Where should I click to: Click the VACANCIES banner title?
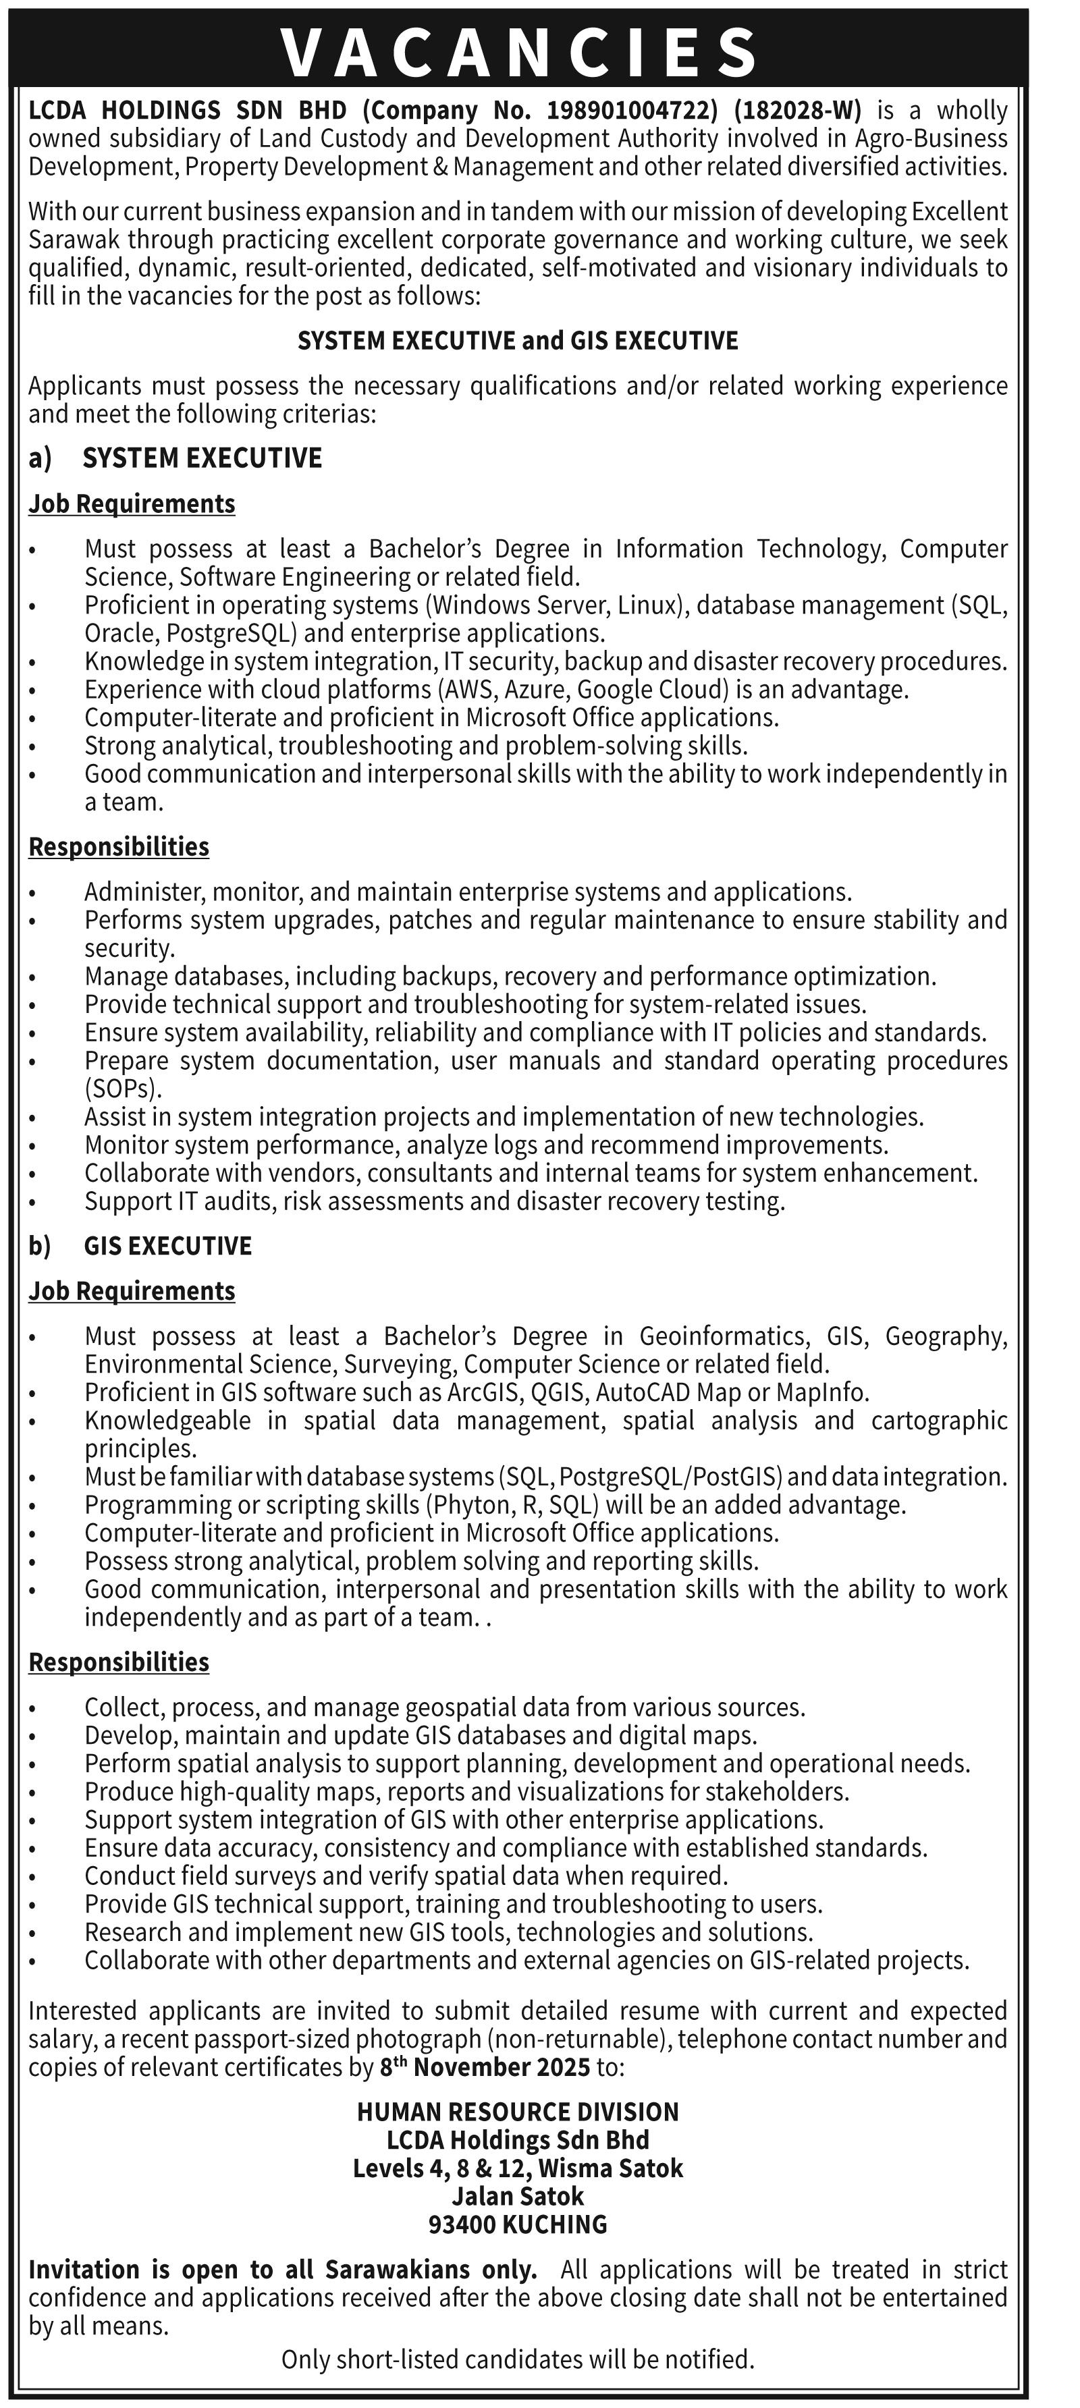(x=519, y=51)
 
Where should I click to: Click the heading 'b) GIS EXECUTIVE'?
(x=140, y=1246)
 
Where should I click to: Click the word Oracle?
(x=122, y=633)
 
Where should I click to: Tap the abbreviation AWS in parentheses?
(x=468, y=690)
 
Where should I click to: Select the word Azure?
(x=534, y=690)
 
